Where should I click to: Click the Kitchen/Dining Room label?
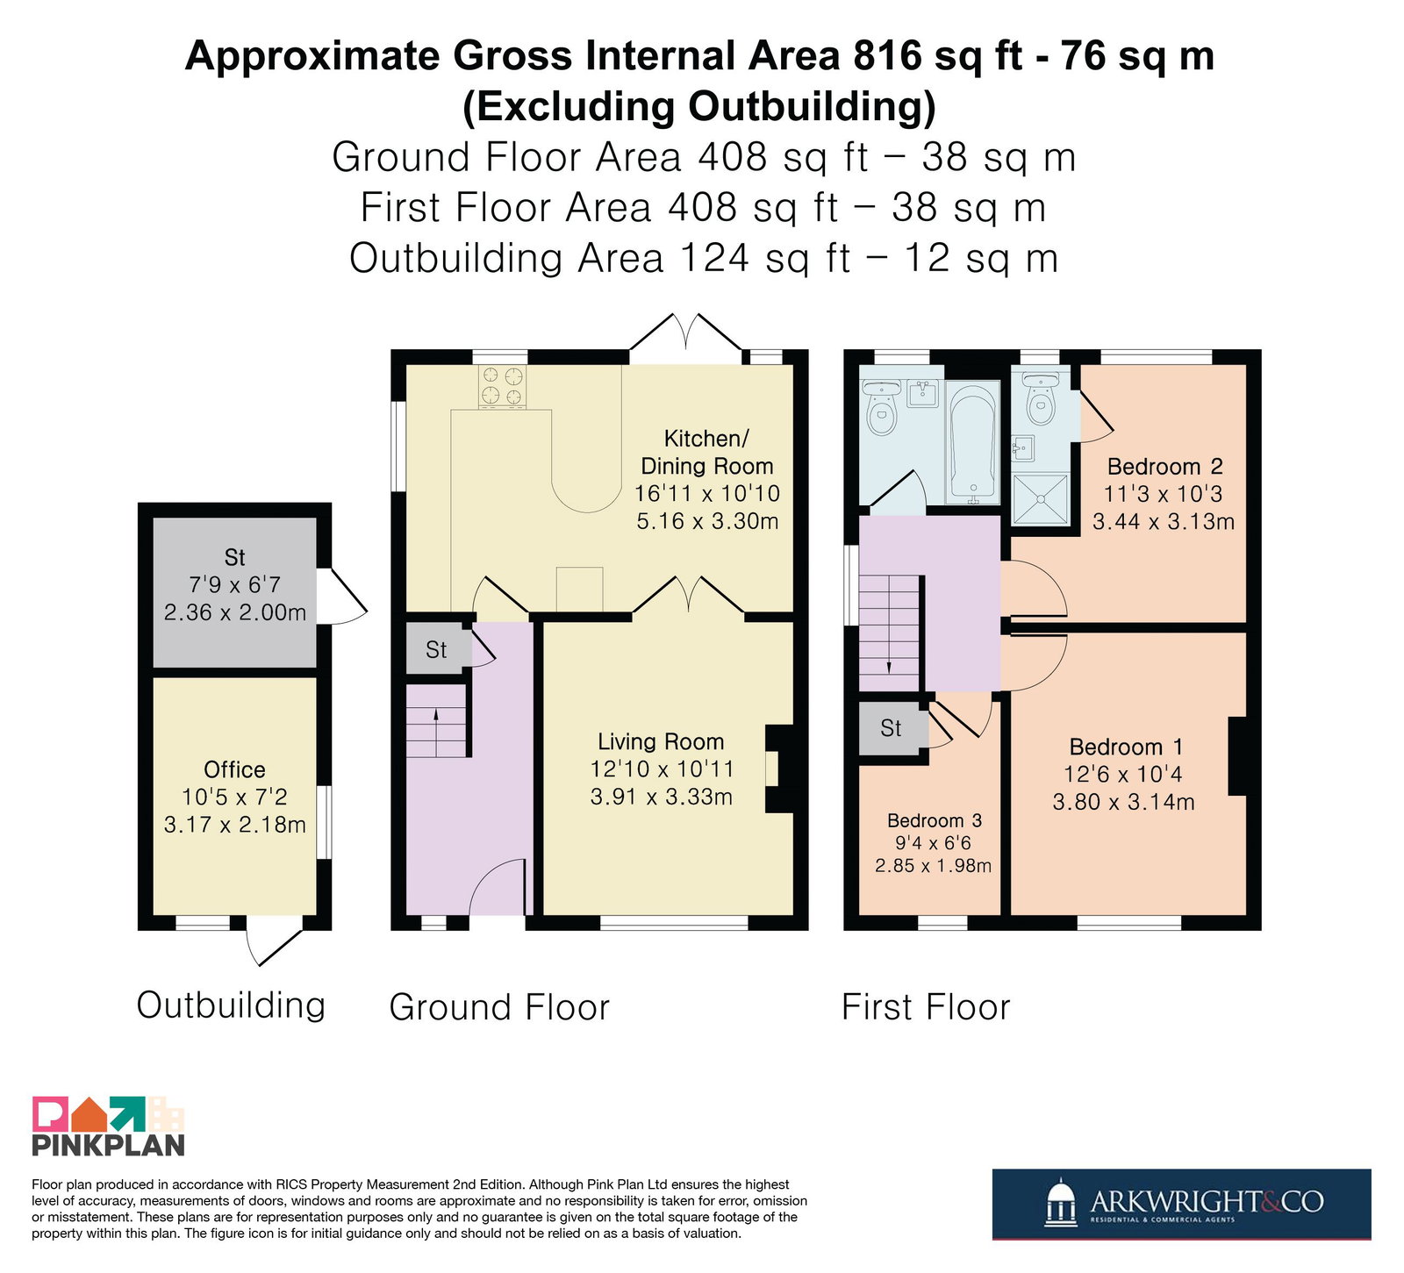click(x=707, y=452)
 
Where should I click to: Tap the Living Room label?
click(x=661, y=742)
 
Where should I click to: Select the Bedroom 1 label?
click(x=1126, y=747)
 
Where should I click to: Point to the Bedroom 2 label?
click(x=1164, y=466)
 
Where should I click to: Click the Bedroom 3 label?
click(x=935, y=820)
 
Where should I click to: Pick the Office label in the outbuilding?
click(x=234, y=769)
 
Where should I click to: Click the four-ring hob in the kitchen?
click(x=503, y=387)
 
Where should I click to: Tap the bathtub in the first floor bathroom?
click(x=973, y=442)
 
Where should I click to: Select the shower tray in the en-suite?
click(x=1041, y=499)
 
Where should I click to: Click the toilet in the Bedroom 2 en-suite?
click(x=1041, y=399)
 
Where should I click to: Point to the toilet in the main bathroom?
click(x=882, y=409)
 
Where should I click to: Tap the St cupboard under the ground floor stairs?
click(x=436, y=650)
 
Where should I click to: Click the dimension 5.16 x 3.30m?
click(x=707, y=521)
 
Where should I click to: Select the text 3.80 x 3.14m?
click(x=1124, y=802)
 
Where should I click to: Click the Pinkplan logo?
click(x=109, y=1126)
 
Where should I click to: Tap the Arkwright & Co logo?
click(x=1182, y=1204)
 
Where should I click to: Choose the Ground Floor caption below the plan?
click(x=499, y=1007)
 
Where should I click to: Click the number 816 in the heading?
click(x=887, y=55)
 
